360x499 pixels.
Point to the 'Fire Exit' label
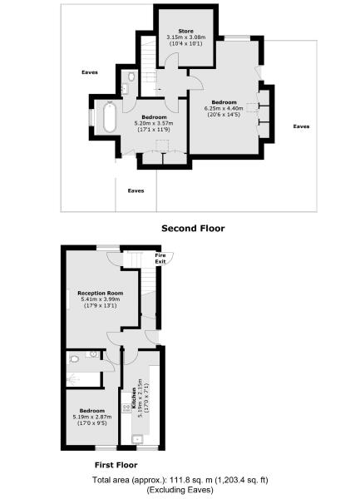click(x=160, y=259)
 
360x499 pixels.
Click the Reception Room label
click(x=100, y=293)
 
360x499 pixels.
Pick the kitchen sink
click(x=136, y=440)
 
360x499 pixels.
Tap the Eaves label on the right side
click(x=302, y=126)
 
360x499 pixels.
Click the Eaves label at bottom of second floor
click(x=136, y=190)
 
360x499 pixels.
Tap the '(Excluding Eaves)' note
click(x=180, y=491)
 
